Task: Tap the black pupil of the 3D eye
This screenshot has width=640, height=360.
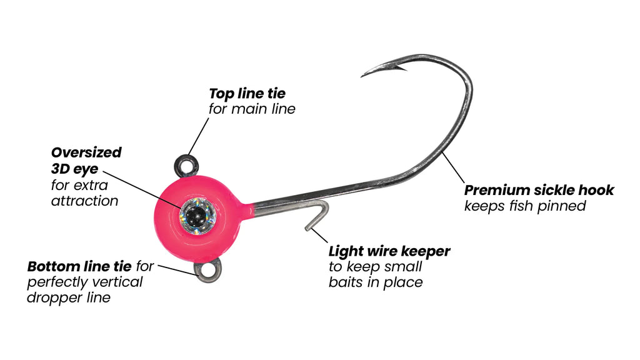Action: coord(197,215)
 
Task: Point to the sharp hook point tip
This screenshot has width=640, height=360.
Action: coord(362,76)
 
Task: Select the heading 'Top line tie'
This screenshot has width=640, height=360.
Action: coord(247,94)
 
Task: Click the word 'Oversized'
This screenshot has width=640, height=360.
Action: coord(86,152)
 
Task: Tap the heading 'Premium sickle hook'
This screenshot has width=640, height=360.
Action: coord(539,190)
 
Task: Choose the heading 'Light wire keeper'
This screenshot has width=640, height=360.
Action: coord(389,251)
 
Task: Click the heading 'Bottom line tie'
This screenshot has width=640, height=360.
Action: coord(79,266)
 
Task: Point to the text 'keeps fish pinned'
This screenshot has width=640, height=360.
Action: coord(525,206)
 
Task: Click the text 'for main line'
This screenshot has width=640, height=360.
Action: coord(252,109)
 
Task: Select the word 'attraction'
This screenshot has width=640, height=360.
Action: coord(84,201)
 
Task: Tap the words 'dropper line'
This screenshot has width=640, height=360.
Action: coord(69,297)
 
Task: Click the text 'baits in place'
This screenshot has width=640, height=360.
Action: coord(376,282)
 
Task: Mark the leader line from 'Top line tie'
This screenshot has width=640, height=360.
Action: coord(198,137)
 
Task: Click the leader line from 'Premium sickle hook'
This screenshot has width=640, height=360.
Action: coord(454,167)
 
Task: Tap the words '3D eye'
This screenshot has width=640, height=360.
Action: coord(75,169)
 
